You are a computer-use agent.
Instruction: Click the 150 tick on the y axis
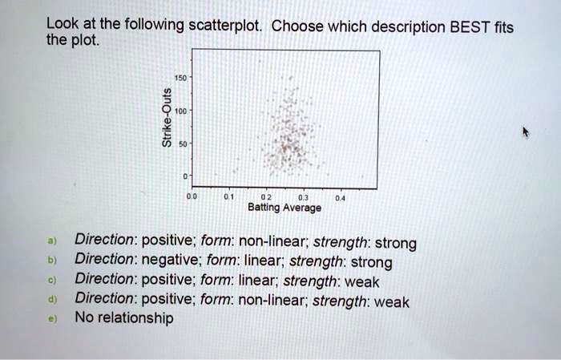(x=180, y=79)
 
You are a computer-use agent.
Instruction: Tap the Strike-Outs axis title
(x=166, y=126)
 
